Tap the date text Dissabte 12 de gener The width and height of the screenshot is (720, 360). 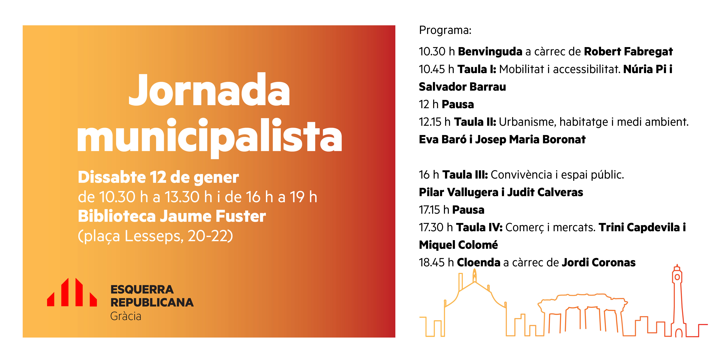(x=158, y=178)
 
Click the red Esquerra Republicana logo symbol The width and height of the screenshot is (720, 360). (x=72, y=292)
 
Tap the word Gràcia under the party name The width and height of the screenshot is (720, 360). (x=126, y=316)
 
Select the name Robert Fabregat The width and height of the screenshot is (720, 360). (x=628, y=51)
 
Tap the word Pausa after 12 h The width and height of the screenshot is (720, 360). (x=458, y=104)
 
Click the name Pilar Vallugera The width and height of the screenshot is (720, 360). (x=459, y=192)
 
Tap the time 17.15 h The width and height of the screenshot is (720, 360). (x=434, y=210)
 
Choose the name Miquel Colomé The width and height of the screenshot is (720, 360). (x=458, y=245)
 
